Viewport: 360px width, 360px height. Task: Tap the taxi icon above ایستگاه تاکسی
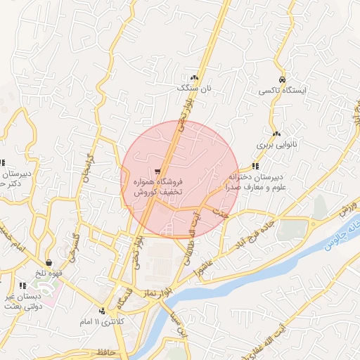(282, 79)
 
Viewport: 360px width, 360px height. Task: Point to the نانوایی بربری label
(276, 145)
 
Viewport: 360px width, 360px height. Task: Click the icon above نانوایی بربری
(277, 134)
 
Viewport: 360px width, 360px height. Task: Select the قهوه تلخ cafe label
(51, 274)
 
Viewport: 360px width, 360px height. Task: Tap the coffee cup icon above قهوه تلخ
(49, 262)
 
